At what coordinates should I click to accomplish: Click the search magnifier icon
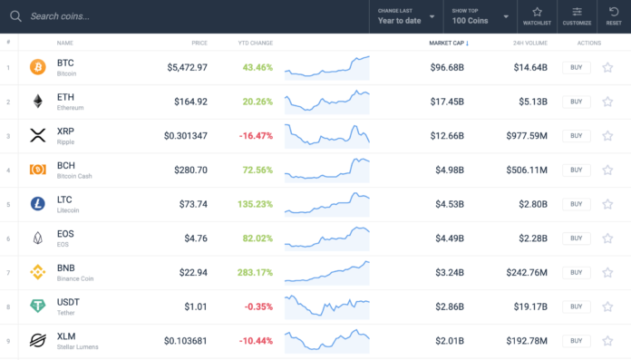15,15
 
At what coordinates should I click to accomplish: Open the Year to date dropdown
406,15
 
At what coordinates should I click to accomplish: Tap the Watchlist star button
537,15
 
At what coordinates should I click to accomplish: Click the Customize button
577,15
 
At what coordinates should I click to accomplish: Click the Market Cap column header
446,43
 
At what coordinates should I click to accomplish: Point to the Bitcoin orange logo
38,67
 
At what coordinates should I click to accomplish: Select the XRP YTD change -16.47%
256,136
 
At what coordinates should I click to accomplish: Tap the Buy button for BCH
576,170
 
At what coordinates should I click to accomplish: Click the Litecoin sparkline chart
326,204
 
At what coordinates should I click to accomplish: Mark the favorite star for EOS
607,238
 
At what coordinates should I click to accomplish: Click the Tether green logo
38,306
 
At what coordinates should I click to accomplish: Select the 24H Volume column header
529,43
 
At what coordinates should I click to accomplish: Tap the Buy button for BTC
576,67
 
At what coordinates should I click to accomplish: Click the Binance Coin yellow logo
38,272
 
